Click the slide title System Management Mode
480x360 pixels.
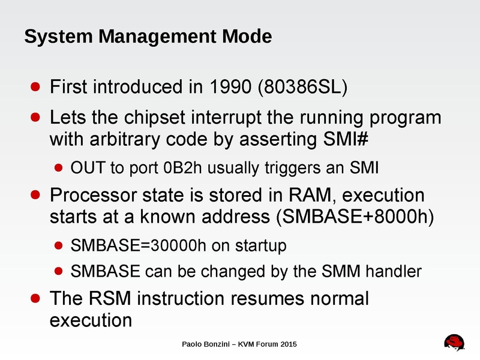148,37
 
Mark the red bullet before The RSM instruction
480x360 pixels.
36,298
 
